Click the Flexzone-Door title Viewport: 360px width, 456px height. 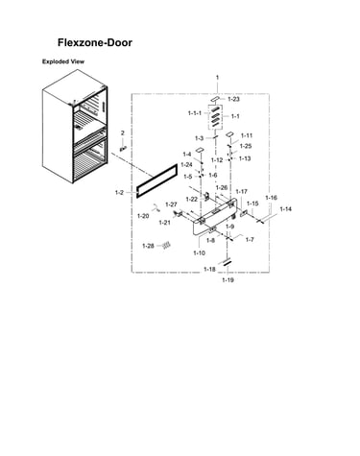(95, 42)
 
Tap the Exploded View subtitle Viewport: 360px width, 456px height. (63, 61)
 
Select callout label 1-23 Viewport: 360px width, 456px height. (233, 99)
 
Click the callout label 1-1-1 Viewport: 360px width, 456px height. (195, 113)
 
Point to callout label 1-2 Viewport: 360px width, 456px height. (119, 193)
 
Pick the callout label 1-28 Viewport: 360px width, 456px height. (148, 246)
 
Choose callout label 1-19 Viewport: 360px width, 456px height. (228, 280)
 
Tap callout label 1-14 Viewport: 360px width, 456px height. (286, 209)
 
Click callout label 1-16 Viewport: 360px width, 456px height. (271, 198)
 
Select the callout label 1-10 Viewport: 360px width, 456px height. (199, 252)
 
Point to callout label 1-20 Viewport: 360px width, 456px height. (143, 216)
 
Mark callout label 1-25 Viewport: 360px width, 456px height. (246, 146)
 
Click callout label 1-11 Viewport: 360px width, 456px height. (247, 135)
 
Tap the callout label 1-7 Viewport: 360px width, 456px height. (250, 239)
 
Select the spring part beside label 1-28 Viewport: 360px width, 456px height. (166, 245)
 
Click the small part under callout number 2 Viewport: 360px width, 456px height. (123, 148)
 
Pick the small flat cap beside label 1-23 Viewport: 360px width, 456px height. (215, 98)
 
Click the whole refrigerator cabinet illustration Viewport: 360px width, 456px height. (75, 127)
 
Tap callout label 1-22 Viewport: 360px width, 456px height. (192, 200)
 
